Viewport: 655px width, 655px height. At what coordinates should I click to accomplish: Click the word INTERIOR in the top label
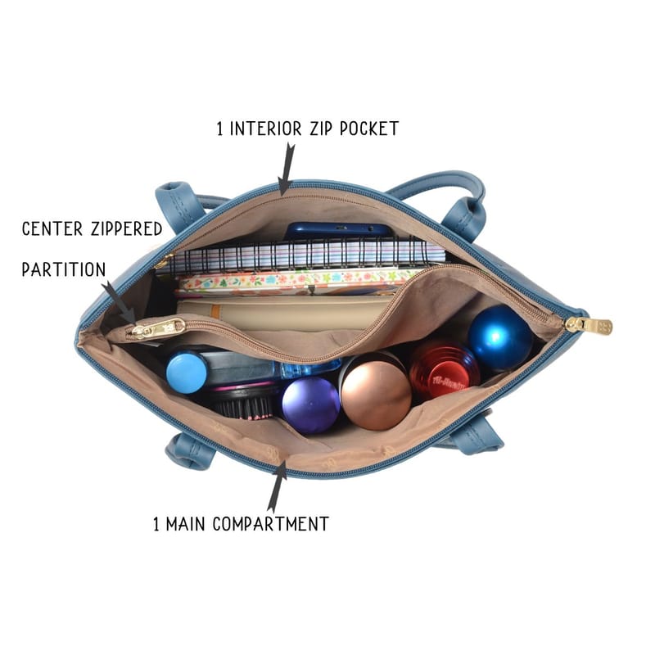pos(265,129)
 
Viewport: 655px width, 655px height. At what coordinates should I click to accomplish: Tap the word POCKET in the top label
pos(369,129)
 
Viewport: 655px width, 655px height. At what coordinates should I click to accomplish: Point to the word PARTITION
pos(64,269)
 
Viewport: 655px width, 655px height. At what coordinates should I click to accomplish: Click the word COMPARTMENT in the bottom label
pos(271,524)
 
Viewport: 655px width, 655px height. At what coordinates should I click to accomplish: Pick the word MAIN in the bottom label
pos(186,524)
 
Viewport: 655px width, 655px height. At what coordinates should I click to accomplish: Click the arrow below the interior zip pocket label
pos(287,169)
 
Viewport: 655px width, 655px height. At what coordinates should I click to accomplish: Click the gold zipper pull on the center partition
pos(159,329)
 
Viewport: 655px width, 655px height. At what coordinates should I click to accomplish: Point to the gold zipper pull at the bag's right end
pos(589,324)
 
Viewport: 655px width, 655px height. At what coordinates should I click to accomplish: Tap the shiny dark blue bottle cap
pos(499,337)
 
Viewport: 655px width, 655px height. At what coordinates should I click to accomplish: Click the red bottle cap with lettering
pos(444,370)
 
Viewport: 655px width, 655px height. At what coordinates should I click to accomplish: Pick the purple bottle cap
pos(311,404)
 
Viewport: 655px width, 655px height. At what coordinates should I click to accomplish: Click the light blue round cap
pos(187,373)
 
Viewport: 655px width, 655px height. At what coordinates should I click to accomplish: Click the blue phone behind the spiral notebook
pos(337,231)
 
